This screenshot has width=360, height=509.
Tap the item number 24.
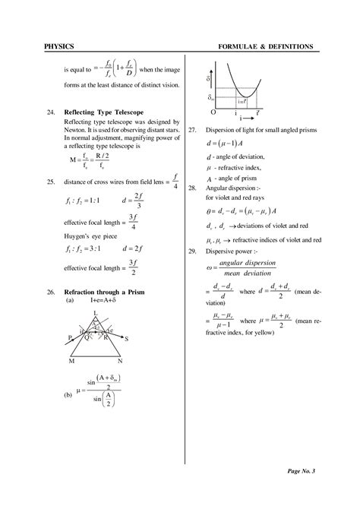[50, 112]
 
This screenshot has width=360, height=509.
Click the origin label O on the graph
[213, 112]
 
